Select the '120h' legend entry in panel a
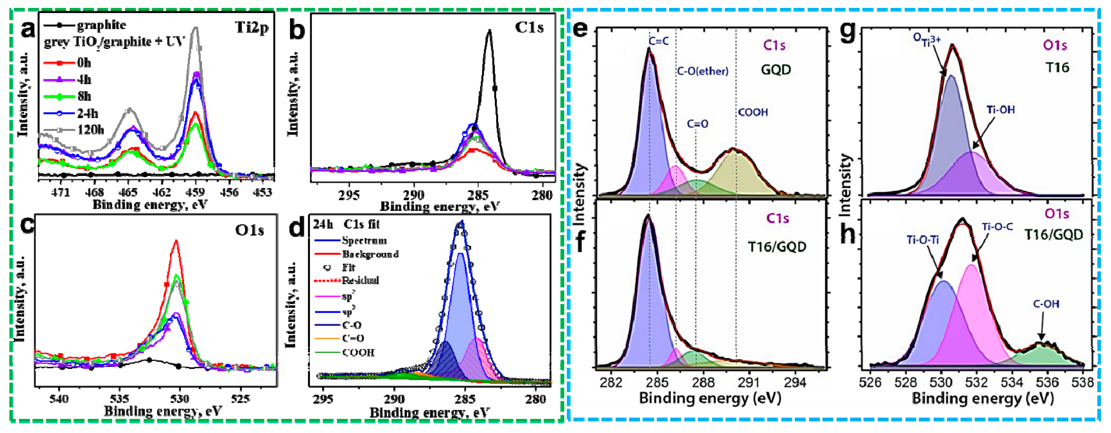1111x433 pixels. tap(90, 130)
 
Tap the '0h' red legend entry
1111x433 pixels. tap(84, 63)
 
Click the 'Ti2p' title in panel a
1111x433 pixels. tap(251, 28)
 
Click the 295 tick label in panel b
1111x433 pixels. tap(348, 196)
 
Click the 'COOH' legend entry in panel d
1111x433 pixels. tap(358, 353)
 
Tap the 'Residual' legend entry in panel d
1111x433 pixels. tap(360, 281)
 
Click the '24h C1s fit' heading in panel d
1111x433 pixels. tap(346, 224)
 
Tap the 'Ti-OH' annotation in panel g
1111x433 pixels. tap(1000, 110)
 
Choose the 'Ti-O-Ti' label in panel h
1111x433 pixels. tap(923, 240)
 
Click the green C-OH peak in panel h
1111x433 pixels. tap(1039, 356)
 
